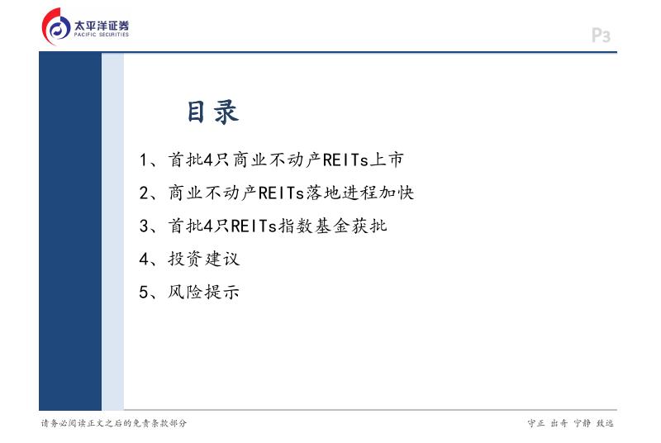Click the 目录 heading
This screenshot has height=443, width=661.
coord(213,112)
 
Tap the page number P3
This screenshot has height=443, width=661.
coord(601,36)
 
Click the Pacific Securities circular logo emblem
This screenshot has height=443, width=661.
coord(56,27)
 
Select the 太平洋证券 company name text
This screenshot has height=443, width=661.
coord(102,25)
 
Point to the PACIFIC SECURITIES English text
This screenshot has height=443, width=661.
coord(102,35)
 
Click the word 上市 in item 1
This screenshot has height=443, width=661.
coord(387,160)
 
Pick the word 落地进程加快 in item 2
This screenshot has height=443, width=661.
coord(360,193)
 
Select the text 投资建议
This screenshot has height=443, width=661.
coord(203,259)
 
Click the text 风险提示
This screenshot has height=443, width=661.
coord(203,292)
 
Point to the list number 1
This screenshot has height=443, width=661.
coord(143,160)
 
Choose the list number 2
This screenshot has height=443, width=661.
coord(144,193)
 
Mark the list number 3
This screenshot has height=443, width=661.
coord(144,226)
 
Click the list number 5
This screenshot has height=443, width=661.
coord(144,292)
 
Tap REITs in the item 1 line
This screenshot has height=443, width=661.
coord(345,160)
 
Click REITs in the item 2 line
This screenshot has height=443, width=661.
coord(281,193)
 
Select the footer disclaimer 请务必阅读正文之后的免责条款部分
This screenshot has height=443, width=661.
coord(114,423)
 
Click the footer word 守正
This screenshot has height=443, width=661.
coord(536,423)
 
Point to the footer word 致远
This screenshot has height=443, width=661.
coord(605,423)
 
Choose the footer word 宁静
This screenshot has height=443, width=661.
coord(583,423)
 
